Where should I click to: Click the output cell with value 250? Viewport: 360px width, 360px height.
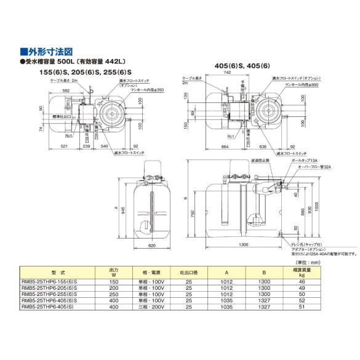pyautogui.click(x=113, y=294)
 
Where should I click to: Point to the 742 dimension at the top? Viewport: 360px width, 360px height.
pyautogui.click(x=245, y=73)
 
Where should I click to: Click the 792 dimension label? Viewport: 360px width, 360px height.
pyautogui.click(x=193, y=214)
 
